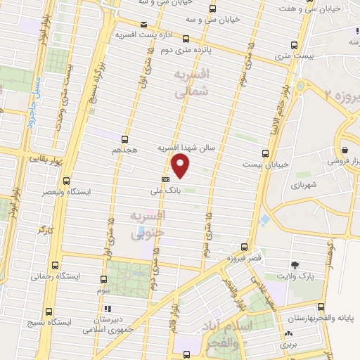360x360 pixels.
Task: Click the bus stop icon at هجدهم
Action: pyautogui.click(x=124, y=139)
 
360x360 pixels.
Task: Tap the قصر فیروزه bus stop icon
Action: pyautogui.click(x=244, y=247)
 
